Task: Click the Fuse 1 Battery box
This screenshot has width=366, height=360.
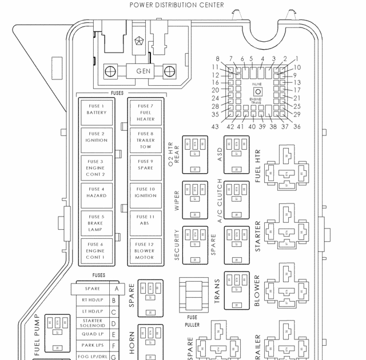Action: (96, 109)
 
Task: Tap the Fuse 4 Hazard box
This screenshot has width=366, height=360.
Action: (96, 192)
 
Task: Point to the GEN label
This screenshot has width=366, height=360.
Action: (142, 71)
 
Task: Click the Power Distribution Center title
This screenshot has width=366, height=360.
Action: (177, 6)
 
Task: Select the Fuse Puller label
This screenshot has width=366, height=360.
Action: (192, 320)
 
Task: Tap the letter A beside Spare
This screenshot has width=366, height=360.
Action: (116, 289)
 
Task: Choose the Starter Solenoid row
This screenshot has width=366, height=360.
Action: (93, 323)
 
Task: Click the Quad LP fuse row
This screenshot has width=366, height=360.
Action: (93, 334)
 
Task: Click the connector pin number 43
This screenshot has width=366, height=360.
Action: (216, 126)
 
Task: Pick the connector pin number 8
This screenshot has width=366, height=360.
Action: (217, 59)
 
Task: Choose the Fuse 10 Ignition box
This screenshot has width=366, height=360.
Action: (145, 192)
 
